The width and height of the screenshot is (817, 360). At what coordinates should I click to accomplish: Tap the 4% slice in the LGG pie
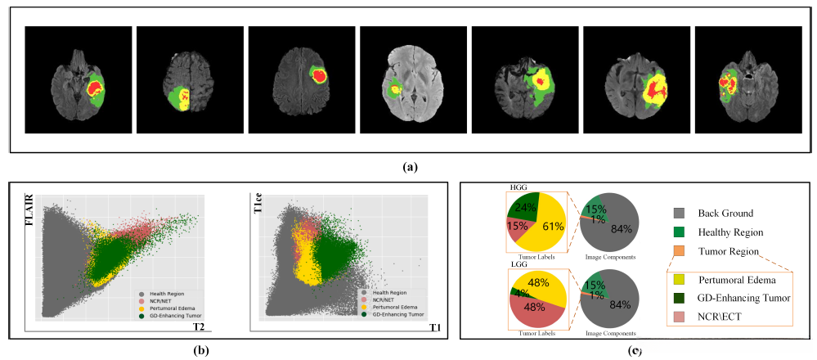[x=516, y=292]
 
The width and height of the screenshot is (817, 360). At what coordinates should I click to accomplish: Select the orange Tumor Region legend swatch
[x=678, y=251]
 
